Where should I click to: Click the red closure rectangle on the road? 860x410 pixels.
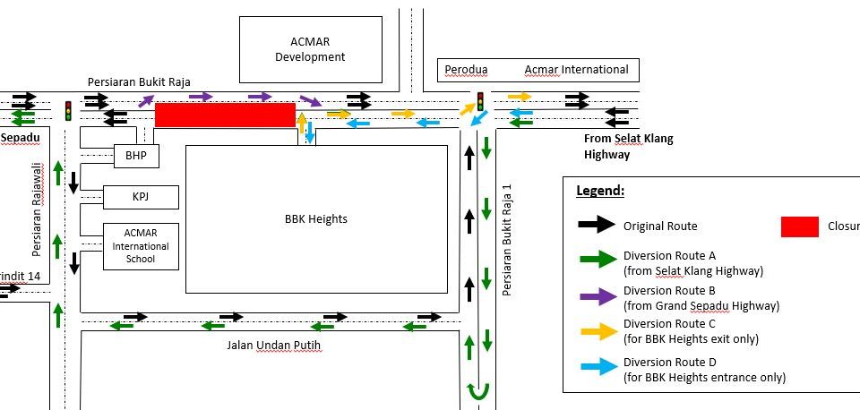(x=225, y=115)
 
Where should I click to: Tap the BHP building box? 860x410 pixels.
(x=136, y=156)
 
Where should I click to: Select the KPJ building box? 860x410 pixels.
(x=141, y=197)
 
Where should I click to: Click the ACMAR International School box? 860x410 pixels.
(x=141, y=245)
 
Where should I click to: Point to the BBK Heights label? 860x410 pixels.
(x=315, y=218)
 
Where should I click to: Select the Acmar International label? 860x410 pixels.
(x=576, y=70)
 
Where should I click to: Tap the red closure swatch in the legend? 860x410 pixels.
(x=800, y=226)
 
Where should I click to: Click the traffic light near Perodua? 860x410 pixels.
(x=480, y=101)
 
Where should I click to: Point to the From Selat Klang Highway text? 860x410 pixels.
(x=628, y=146)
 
